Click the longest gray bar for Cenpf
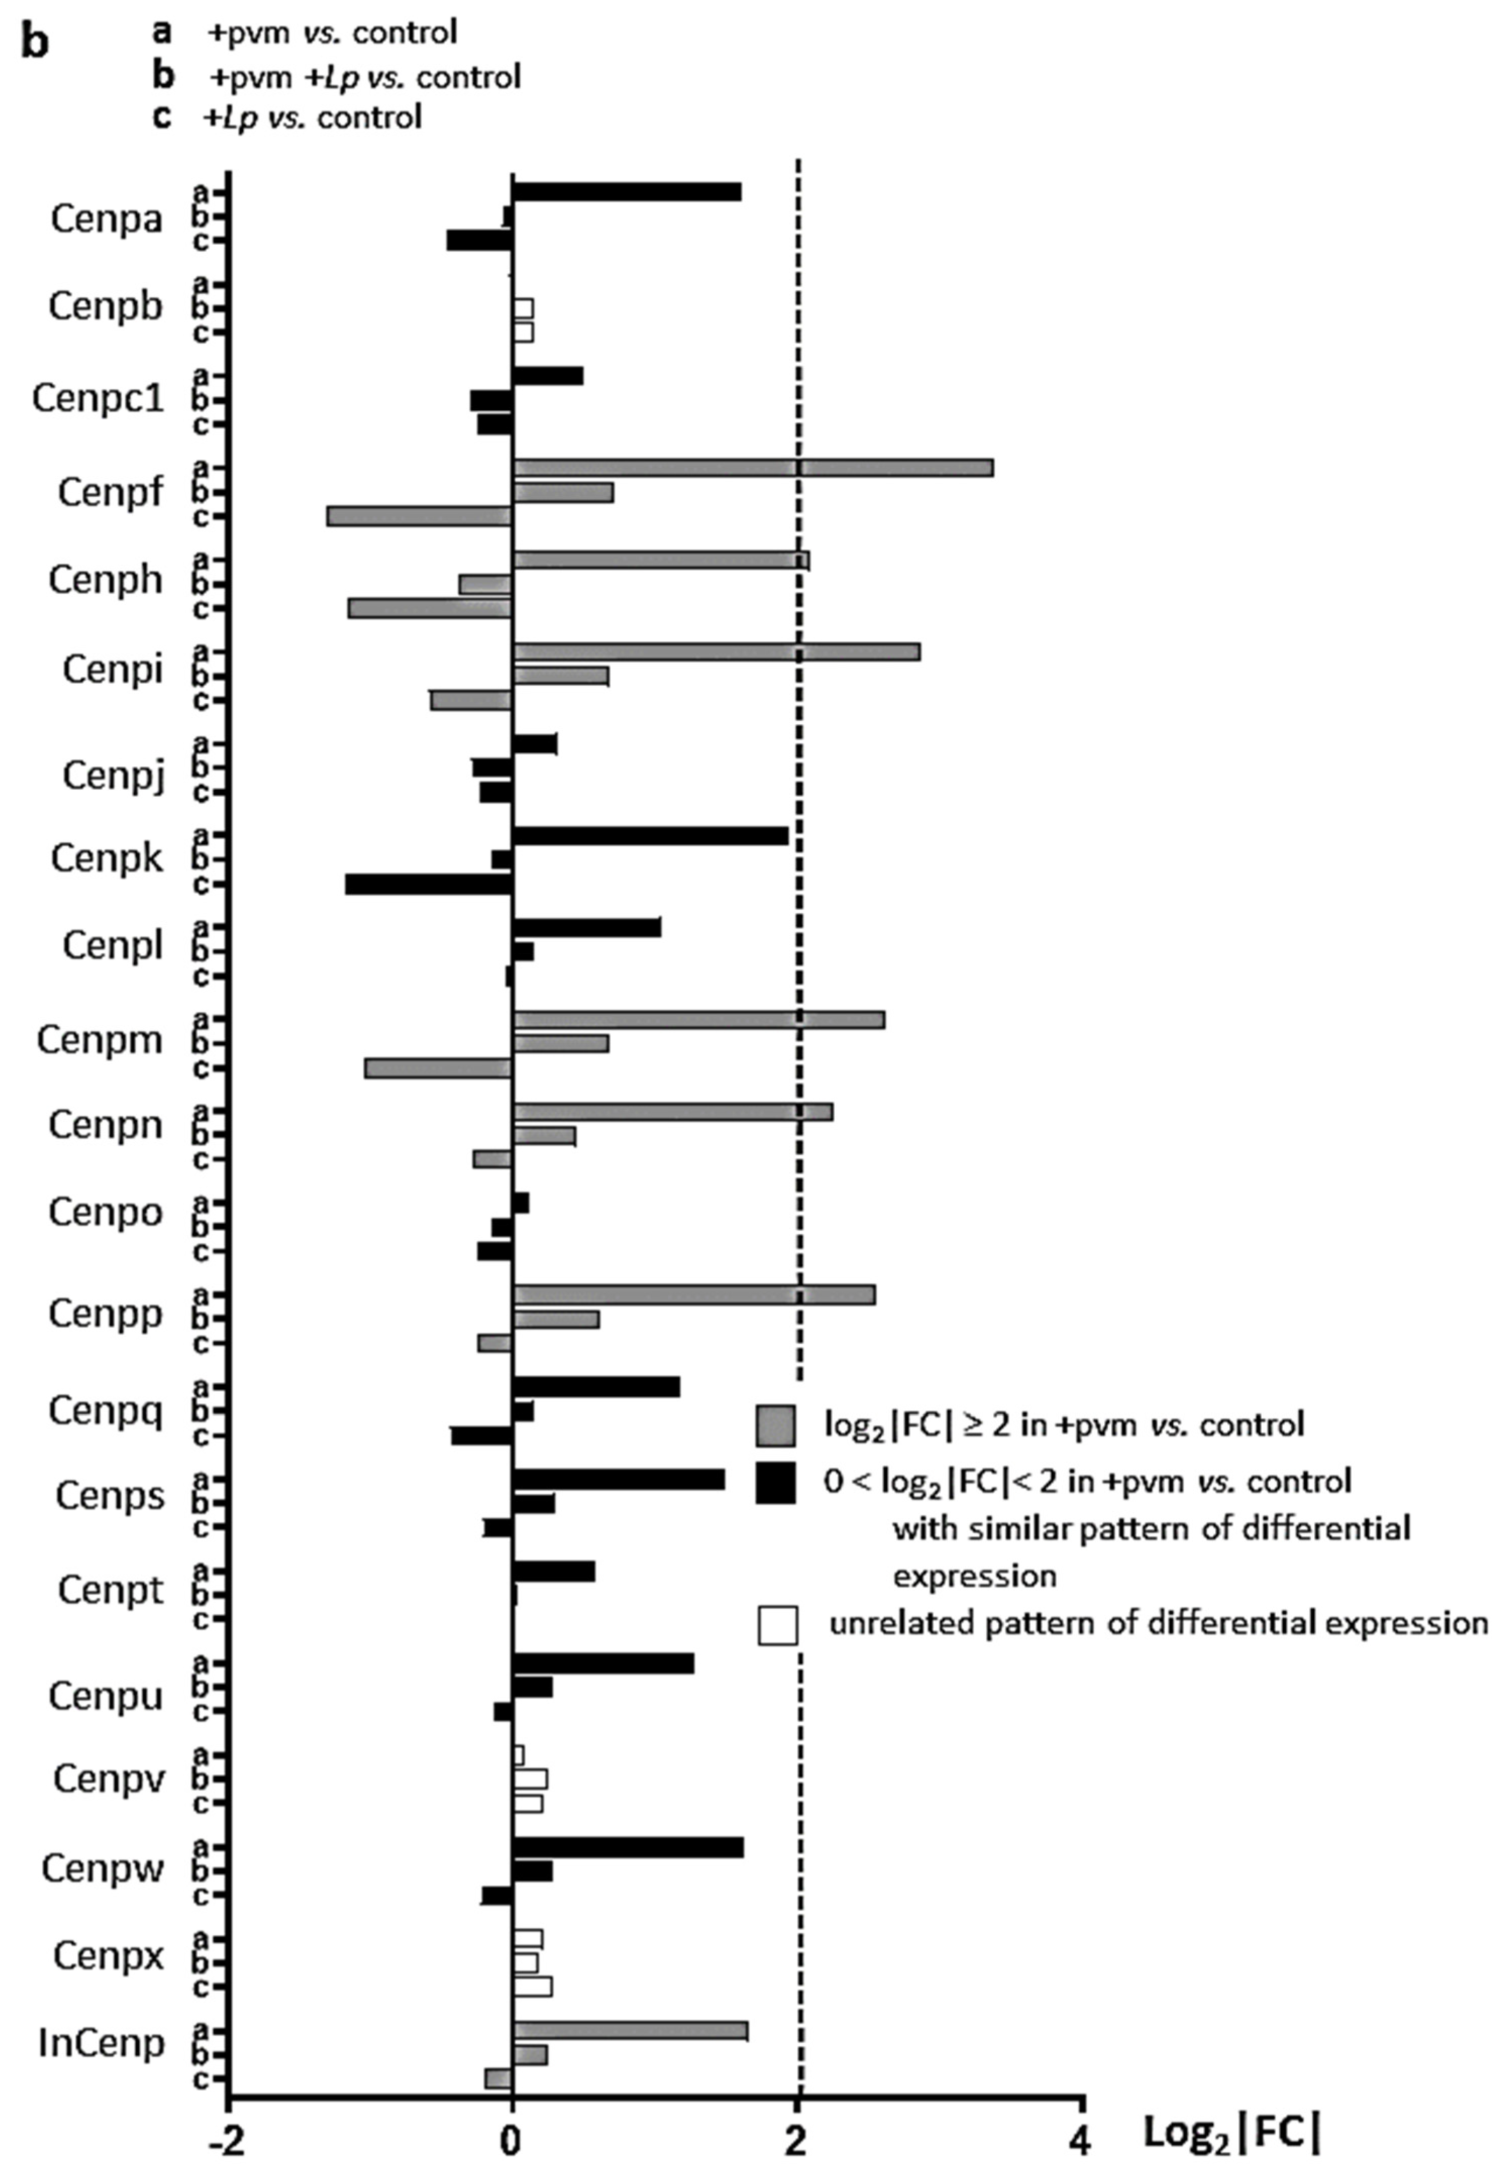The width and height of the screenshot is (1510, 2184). tap(752, 467)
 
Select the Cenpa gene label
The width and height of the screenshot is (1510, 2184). tap(106, 219)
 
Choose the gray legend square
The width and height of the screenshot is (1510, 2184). tap(775, 1425)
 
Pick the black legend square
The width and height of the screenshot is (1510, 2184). tap(775, 1481)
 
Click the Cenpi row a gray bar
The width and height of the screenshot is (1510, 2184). tap(716, 651)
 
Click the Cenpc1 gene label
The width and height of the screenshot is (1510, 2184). tap(97, 398)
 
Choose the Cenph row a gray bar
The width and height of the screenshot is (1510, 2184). tap(661, 560)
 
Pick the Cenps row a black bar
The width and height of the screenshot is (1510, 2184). tap(619, 1480)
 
